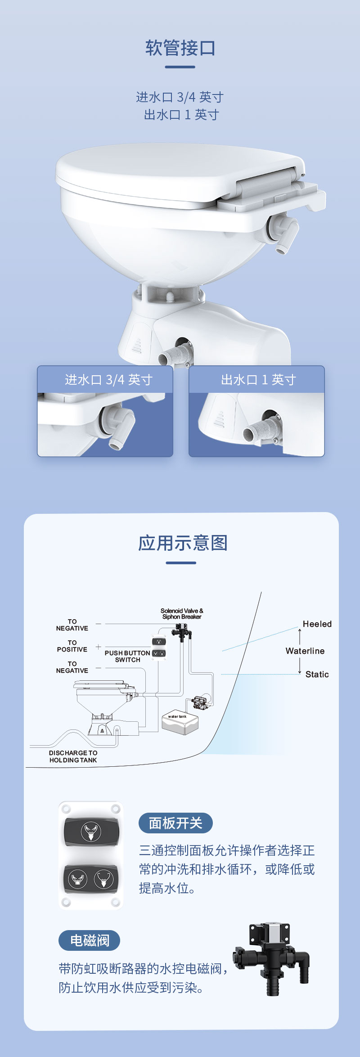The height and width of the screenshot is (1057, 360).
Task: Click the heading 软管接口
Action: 180,48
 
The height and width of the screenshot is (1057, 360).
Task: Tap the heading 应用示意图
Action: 182,543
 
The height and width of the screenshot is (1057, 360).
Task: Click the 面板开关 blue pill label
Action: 175,823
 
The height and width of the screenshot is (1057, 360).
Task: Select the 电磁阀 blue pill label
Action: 89,940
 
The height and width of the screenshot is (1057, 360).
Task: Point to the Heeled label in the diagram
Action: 317,624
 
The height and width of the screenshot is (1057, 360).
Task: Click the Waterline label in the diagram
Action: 305,651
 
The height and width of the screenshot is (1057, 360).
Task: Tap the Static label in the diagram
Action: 317,675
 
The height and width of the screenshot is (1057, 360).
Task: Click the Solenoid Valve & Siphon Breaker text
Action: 182,614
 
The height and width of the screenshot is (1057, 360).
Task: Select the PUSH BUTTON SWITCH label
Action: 127,657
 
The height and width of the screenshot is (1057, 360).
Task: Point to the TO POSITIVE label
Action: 72,646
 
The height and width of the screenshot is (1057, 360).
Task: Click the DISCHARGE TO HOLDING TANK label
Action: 73,756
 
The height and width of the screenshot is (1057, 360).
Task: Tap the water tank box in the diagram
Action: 180,724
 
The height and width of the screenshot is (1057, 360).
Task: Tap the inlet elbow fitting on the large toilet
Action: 282,232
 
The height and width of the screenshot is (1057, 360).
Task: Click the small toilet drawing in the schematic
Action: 103,706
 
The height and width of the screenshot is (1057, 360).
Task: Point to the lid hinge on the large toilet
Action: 265,184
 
